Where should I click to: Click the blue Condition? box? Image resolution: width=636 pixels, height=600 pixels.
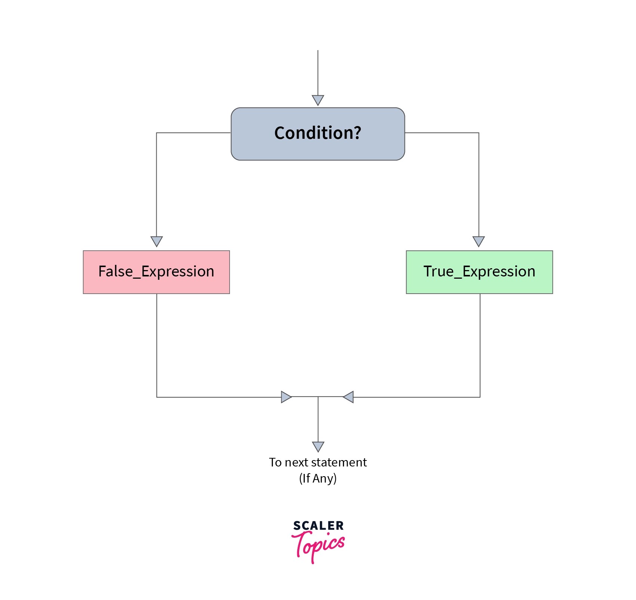tap(317, 134)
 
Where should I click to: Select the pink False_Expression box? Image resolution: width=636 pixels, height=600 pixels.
tap(156, 272)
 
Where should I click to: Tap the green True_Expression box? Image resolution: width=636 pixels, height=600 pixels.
tap(479, 272)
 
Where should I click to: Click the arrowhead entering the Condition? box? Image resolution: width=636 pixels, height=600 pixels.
tap(318, 100)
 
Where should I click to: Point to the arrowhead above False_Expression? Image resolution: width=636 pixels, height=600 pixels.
tap(156, 241)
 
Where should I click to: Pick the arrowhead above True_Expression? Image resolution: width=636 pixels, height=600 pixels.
tap(479, 241)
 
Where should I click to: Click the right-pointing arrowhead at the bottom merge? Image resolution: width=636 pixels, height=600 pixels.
tap(286, 397)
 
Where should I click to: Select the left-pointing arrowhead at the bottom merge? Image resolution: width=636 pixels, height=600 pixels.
tap(348, 397)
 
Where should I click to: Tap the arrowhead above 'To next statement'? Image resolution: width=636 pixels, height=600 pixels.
tap(318, 446)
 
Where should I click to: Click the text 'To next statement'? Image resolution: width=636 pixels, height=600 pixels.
tap(318, 462)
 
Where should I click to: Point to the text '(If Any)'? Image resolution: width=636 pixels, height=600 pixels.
tap(318, 478)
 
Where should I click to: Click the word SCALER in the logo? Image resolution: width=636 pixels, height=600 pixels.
tap(318, 526)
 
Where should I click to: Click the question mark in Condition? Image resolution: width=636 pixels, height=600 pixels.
tap(357, 133)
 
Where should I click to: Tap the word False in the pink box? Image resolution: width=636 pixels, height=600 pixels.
tap(116, 271)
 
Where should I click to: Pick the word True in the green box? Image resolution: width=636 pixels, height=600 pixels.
tap(438, 271)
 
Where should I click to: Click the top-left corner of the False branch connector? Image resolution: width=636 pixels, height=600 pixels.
tap(156, 133)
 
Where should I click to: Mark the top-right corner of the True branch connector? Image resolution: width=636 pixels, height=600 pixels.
tap(479, 133)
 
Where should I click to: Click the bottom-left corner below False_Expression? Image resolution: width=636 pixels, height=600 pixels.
tap(157, 397)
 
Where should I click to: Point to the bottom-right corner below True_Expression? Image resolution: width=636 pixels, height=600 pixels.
tap(480, 397)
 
